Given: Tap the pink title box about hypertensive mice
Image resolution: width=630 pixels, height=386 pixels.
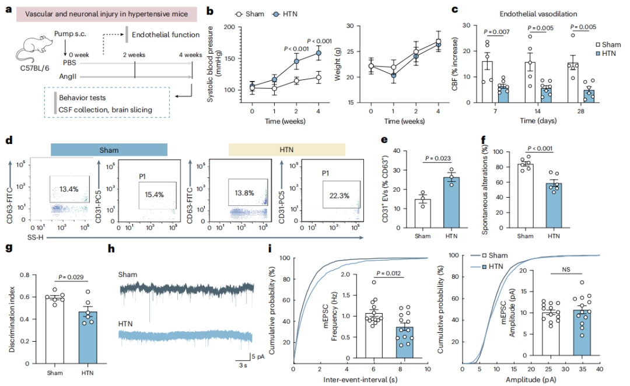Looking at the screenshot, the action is coord(107,14).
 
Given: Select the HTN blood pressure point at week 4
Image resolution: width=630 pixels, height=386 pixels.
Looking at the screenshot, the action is coord(318,53).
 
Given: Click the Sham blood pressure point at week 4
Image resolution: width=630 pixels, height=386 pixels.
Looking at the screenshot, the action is coord(318,78).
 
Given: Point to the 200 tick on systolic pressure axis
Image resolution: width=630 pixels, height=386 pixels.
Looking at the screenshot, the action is coord(229,27).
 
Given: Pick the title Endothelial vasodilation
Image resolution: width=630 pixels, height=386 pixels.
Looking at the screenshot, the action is coord(538,14).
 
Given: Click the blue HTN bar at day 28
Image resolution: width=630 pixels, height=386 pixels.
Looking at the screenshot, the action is coord(589,96).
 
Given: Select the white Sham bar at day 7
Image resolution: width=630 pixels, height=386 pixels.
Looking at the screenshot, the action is coord(487,82).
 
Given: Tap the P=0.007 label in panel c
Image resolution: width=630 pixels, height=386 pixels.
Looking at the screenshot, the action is coord(496,31).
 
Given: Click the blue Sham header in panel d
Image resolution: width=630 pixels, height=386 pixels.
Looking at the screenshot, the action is coord(109,150).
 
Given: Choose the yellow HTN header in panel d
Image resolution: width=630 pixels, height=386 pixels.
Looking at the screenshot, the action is coord(286,150).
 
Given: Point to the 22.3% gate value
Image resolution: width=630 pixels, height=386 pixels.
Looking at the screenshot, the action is coord(339,195).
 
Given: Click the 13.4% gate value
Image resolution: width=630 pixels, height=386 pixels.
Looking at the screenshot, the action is coord(69,189).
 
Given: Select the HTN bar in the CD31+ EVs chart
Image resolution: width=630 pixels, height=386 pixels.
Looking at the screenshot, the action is coord(451,202).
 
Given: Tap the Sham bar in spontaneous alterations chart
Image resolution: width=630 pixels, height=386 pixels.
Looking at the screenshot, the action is coord(525,196).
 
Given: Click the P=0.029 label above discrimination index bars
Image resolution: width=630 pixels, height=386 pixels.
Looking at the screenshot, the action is coord(71,277).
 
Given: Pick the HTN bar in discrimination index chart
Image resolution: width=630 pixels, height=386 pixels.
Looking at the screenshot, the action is coord(87,338).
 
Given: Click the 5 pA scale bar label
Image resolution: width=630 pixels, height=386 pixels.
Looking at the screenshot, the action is coord(258,356).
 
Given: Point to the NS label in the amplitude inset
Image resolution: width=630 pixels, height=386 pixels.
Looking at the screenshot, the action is coord(566,269).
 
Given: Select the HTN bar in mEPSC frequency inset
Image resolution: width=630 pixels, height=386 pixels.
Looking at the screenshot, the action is coord(405,342).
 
